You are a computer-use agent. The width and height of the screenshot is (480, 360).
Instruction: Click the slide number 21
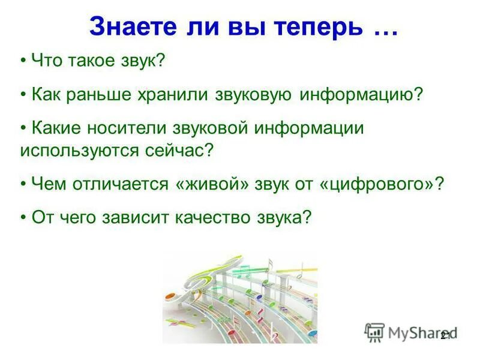point(445,337)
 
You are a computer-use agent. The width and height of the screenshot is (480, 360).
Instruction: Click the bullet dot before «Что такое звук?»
point(23,61)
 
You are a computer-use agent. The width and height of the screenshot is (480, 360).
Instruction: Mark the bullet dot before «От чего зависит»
point(23,218)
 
